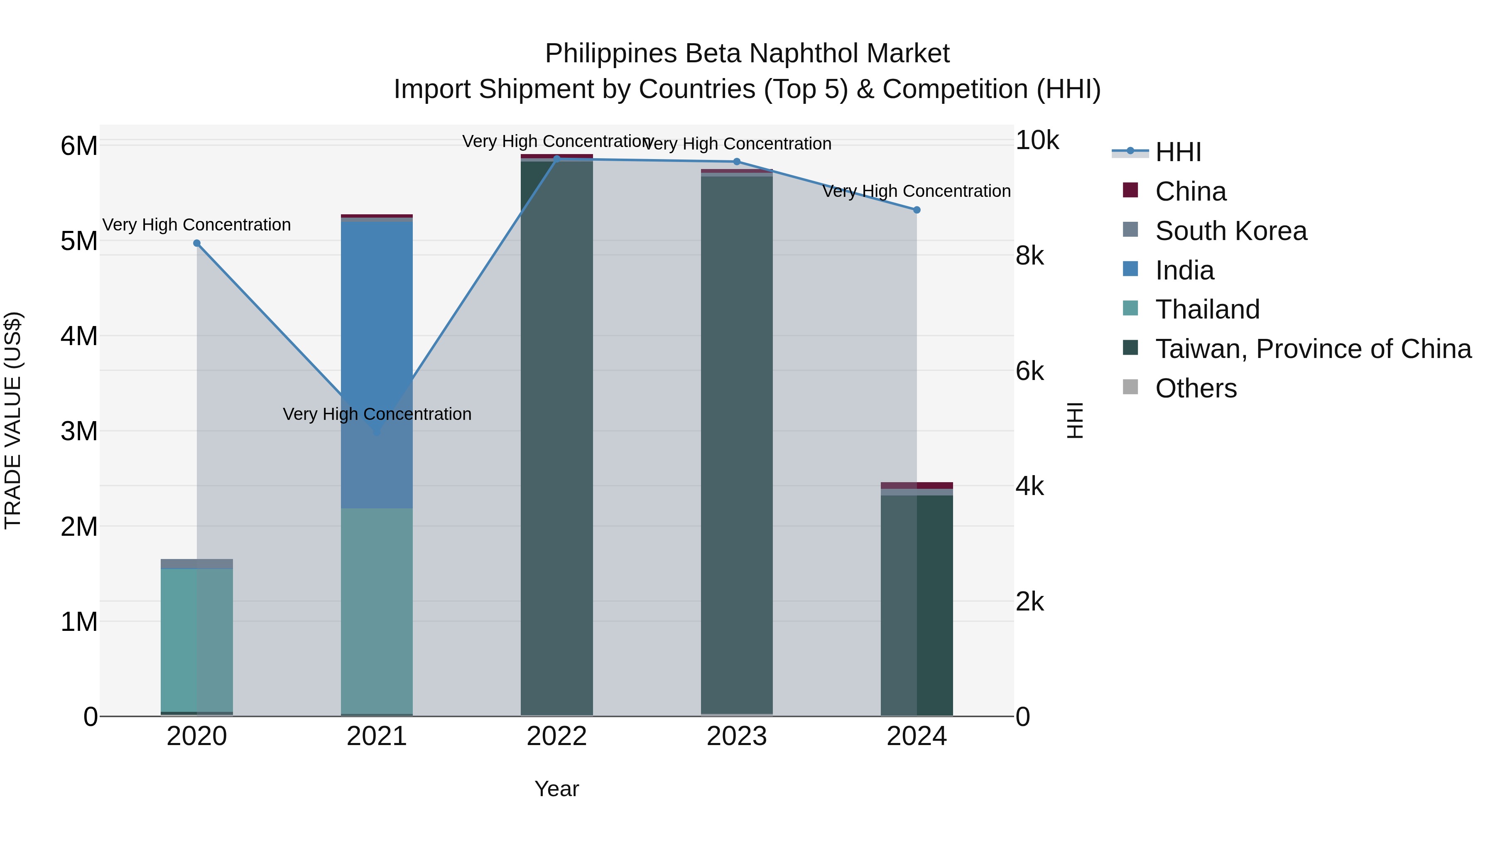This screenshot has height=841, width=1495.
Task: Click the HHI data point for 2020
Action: [197, 243]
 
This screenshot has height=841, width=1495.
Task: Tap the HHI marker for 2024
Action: [917, 210]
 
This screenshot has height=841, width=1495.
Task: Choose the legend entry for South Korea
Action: [1230, 231]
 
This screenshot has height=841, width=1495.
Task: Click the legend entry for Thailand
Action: [1207, 309]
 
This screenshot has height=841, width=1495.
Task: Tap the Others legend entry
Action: [1196, 388]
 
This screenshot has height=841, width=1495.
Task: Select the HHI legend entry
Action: [1178, 152]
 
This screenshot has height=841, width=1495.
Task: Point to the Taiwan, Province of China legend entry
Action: [1313, 349]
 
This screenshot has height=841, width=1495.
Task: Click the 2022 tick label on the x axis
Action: [556, 736]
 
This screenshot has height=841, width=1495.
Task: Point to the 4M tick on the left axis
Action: [79, 336]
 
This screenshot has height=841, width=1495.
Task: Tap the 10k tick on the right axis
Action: [1037, 140]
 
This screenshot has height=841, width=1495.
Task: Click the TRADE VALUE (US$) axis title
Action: [13, 420]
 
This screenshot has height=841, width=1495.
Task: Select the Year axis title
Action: [556, 789]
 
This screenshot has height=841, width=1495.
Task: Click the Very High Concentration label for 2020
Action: [197, 225]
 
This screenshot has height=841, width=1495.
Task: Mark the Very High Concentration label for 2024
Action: [917, 191]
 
